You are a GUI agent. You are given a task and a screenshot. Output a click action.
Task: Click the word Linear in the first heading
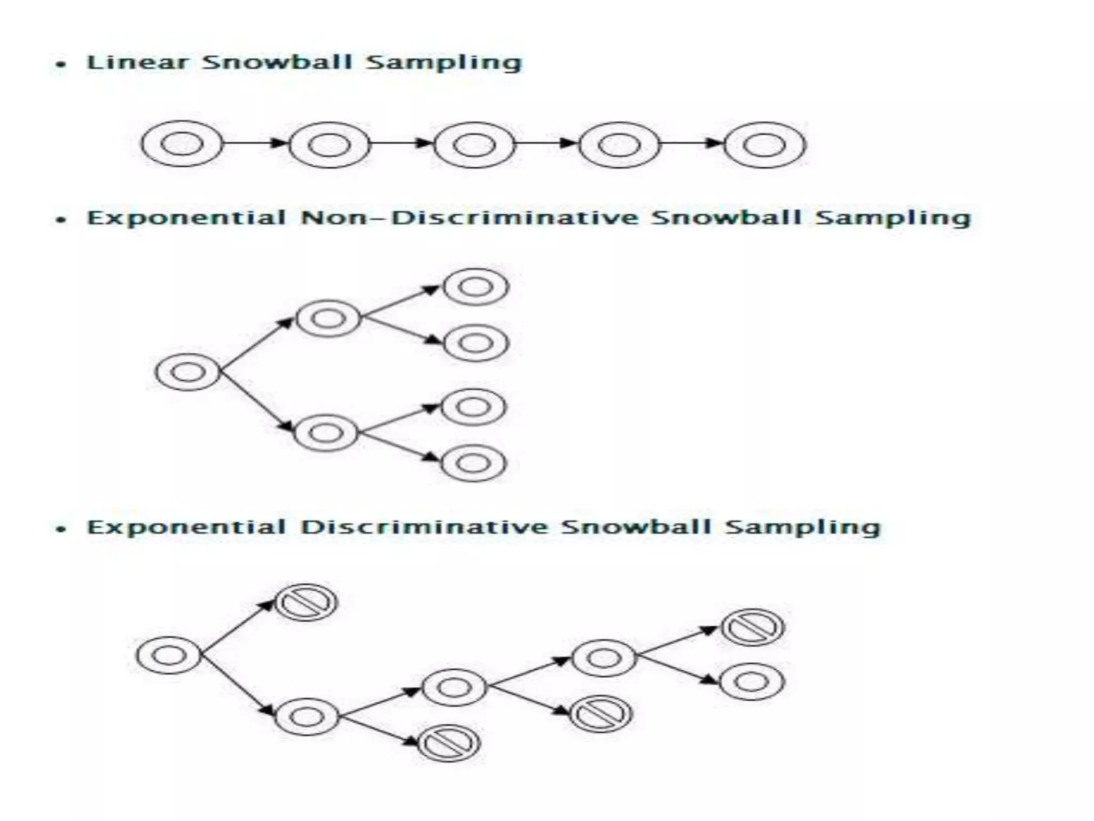tap(138, 63)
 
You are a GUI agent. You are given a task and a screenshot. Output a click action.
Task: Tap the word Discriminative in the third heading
tap(425, 527)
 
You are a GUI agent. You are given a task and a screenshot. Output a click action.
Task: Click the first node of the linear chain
tap(182, 144)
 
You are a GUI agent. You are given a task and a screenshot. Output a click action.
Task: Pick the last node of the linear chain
tap(764, 145)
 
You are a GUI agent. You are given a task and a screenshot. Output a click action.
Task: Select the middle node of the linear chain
tap(474, 145)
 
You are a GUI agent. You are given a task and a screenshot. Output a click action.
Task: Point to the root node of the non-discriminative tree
tap(187, 372)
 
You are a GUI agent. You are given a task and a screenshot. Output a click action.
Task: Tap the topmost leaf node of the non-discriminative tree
tap(476, 287)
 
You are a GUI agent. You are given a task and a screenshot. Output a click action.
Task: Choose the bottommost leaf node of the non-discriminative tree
tap(474, 463)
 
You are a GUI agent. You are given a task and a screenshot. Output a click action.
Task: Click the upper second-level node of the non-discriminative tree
tap(328, 319)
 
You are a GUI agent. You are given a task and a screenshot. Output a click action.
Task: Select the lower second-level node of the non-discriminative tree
tap(326, 432)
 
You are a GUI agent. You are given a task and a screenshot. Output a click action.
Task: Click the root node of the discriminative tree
tap(168, 655)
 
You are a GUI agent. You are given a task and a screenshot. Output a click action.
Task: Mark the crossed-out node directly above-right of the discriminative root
tap(306, 602)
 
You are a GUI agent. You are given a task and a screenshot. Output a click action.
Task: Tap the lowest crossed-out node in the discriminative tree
tap(449, 743)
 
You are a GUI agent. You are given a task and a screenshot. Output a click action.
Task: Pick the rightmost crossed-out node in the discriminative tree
tap(753, 627)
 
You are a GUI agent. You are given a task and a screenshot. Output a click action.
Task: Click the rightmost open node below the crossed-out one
tap(752, 681)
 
